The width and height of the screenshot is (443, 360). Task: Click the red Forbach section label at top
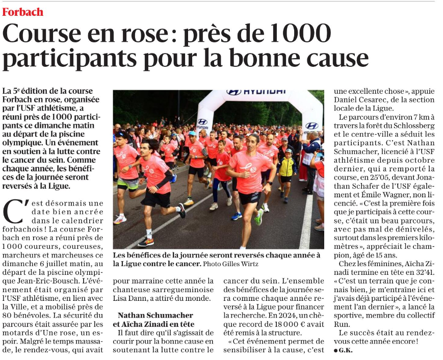pos(22,12)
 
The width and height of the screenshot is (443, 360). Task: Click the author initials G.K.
pos(345,350)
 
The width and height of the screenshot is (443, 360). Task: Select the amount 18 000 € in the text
pos(286,323)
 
